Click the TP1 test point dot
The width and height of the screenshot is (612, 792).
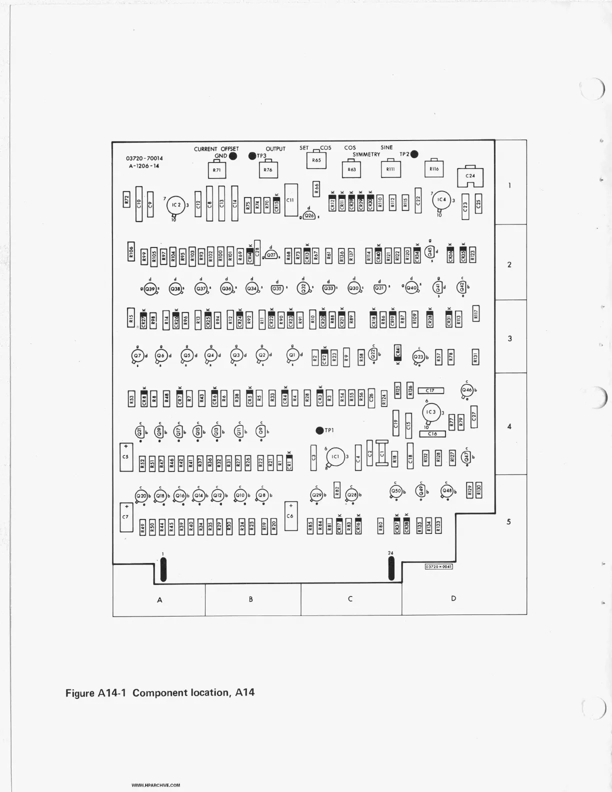pyautogui.click(x=319, y=430)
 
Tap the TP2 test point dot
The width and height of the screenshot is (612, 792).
pyautogui.click(x=414, y=154)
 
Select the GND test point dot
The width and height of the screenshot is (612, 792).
pyautogui.click(x=232, y=156)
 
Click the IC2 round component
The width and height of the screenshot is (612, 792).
pyautogui.click(x=175, y=205)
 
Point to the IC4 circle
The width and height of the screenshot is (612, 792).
pyautogui.click(x=441, y=200)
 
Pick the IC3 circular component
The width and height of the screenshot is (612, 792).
pyautogui.click(x=430, y=412)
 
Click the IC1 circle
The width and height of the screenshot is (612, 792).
pyautogui.click(x=335, y=456)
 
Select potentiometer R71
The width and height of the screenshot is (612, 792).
pyautogui.click(x=216, y=170)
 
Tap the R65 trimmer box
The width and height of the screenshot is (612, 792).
pyautogui.click(x=316, y=160)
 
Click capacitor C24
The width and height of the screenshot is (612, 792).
pyautogui.click(x=470, y=176)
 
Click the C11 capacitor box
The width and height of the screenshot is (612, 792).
pyautogui.click(x=290, y=200)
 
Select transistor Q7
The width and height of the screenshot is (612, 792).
pyautogui.click(x=137, y=355)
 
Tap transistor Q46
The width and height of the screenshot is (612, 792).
pyautogui.click(x=467, y=390)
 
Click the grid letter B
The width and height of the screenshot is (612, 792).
pyautogui.click(x=251, y=599)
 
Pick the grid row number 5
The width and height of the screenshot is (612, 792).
pyautogui.click(x=509, y=522)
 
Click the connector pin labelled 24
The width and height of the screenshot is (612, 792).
pyautogui.click(x=391, y=568)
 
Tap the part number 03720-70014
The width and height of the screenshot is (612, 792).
pyautogui.click(x=144, y=158)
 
